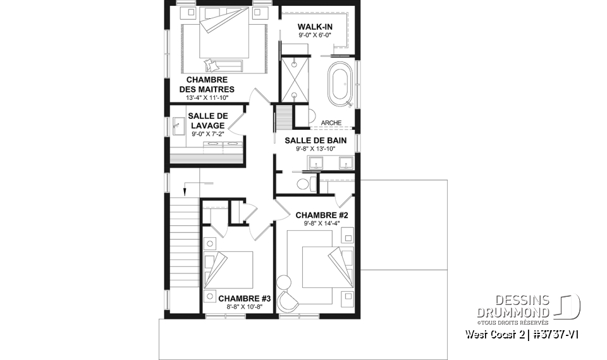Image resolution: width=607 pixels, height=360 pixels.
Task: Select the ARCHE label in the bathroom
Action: coord(331,123)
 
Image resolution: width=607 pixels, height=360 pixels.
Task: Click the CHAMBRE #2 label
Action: coord(322,214)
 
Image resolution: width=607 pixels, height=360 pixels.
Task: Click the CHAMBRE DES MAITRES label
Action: coord(207,84)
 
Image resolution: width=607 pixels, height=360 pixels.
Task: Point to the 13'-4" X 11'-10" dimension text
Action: coord(207,98)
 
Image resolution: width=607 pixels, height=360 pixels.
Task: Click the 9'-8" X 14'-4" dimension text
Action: coord(322,223)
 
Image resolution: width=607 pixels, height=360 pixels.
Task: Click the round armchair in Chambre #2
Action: coord(291,301)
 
